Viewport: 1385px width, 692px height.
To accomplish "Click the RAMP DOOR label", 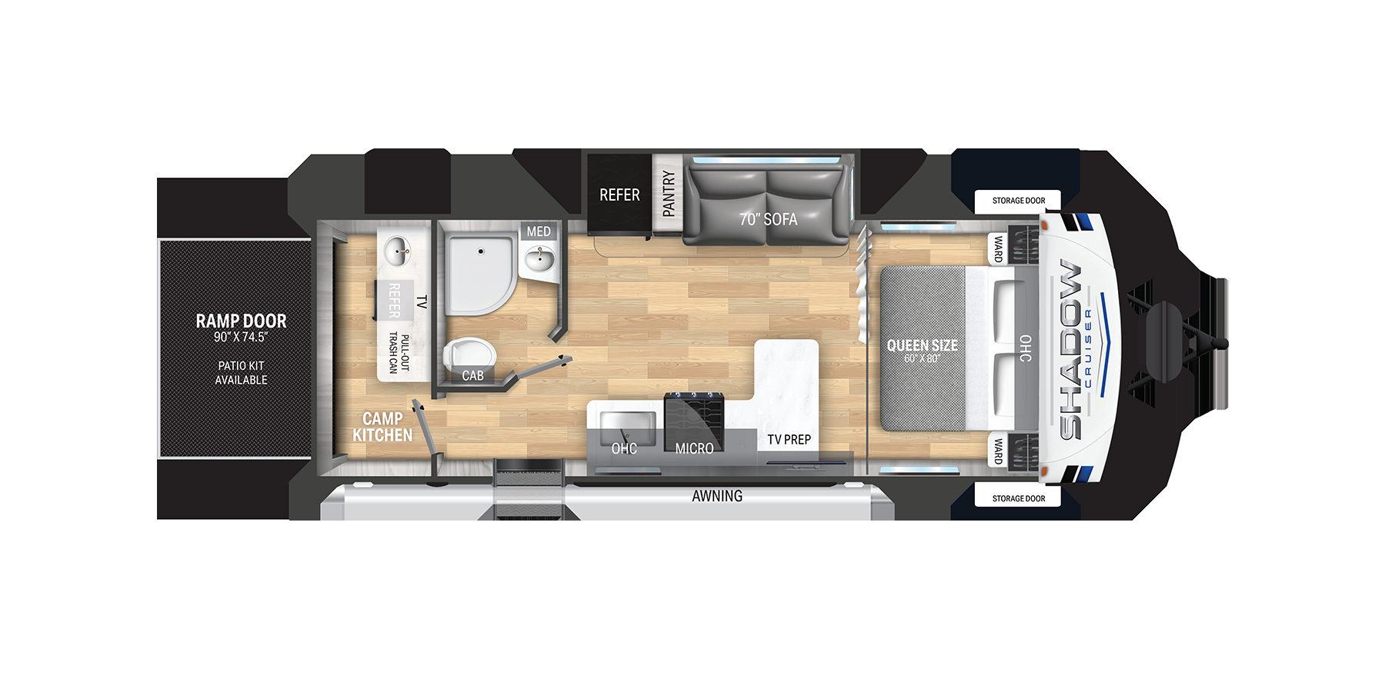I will (241, 321).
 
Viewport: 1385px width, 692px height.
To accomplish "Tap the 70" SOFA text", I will (768, 219).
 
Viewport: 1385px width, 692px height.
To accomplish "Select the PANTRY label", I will (668, 193).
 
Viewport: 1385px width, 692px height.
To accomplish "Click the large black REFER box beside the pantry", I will (619, 195).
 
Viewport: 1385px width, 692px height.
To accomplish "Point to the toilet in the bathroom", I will (468, 354).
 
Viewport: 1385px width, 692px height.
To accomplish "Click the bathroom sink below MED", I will (539, 258).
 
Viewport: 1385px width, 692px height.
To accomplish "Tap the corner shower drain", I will (481, 251).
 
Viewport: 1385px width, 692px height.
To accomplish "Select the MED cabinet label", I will (539, 231).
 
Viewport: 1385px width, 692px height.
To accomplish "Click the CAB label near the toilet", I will (472, 375).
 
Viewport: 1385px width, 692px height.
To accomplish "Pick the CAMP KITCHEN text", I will (382, 427).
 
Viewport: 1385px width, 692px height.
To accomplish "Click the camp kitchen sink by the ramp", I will (398, 250).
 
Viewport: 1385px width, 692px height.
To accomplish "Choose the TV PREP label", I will (789, 440).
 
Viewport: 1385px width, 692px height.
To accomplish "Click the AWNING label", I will (717, 497).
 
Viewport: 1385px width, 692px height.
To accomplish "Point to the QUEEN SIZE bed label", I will (922, 346).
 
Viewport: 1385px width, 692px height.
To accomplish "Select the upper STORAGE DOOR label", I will (1018, 201).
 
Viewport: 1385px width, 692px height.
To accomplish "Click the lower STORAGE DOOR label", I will (1018, 498).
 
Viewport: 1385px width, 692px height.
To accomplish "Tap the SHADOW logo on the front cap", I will (1071, 350).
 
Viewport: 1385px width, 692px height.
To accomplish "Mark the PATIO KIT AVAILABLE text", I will (241, 373).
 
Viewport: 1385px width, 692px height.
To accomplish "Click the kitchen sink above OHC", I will (627, 425).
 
